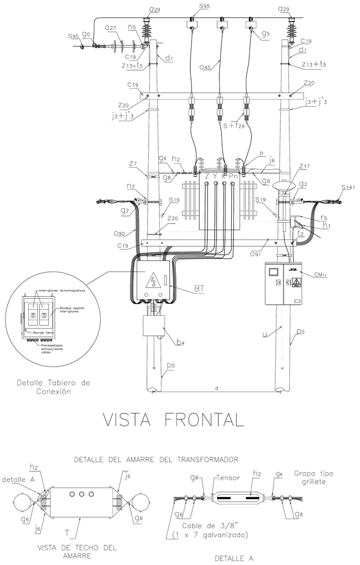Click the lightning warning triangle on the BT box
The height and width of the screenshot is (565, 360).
pos(152,281)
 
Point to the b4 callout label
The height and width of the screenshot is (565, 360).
pos(180,342)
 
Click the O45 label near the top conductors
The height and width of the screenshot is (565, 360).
pos(205,68)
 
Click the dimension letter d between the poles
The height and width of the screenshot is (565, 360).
pos(217,388)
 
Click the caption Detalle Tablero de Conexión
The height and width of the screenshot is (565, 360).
pos(54,386)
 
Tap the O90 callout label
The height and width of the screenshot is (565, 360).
pos(118,233)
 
